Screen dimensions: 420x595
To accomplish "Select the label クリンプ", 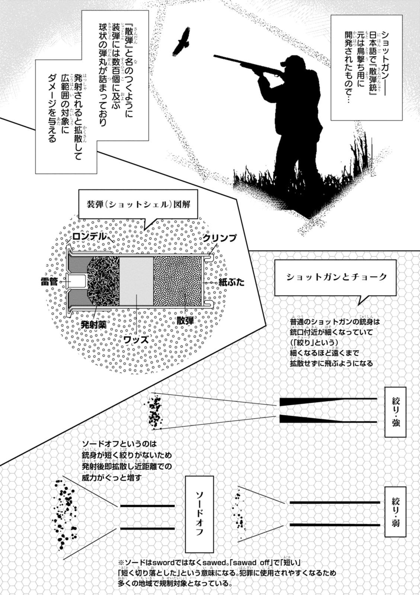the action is [x=219, y=238].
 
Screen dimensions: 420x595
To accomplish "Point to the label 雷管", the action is [x=49, y=282].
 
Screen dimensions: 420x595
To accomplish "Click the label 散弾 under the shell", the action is [x=185, y=320].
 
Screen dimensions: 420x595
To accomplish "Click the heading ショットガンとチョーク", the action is [x=337, y=277].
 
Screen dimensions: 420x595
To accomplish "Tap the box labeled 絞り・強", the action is [x=395, y=412].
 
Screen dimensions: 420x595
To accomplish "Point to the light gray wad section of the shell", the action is [x=136, y=282].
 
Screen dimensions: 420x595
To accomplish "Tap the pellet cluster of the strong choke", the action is [x=155, y=411].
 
